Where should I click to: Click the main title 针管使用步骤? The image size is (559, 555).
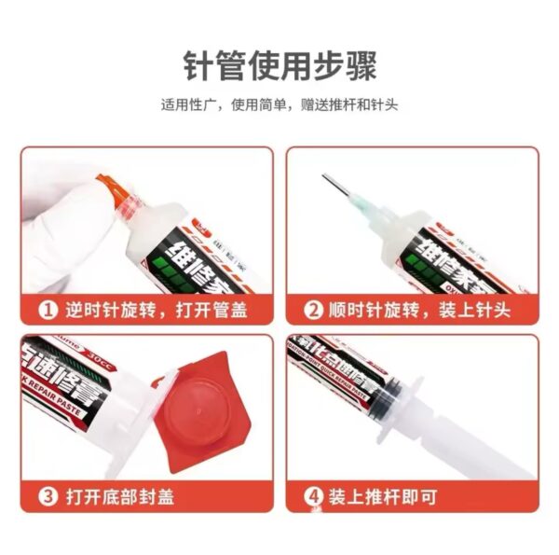[x=279, y=66]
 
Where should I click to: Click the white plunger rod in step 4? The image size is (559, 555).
[x=466, y=438]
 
